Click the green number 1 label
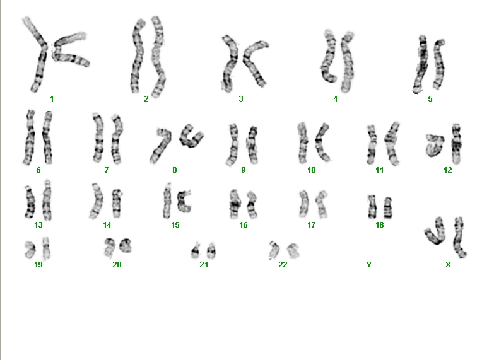pos(52,98)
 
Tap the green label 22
pos(283,264)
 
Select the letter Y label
pos(369,264)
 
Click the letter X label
pos(448,264)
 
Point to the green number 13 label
pos(38,225)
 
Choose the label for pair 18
pos(380,225)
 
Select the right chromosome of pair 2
pos(158,57)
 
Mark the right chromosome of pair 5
pos(439,64)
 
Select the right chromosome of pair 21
pos(211,251)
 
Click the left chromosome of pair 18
pos(372,207)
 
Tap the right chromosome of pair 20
pos(126,245)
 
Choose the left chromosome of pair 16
pos(235,204)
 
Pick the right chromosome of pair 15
pos(184,202)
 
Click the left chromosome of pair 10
pos(302,143)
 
